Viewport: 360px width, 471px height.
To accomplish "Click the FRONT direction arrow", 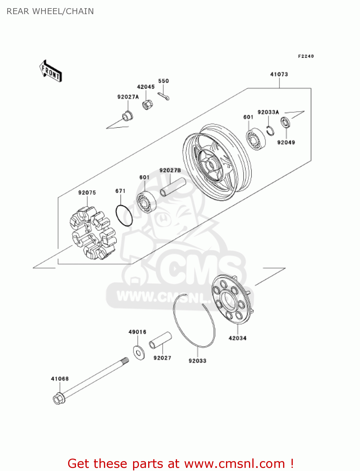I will point(50,71).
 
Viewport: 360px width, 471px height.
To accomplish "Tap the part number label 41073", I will point(279,74).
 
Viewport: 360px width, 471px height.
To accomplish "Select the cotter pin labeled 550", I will point(164,96).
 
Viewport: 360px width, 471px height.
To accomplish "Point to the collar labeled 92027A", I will point(127,116).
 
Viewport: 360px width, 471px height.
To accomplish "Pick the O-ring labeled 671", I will point(124,216).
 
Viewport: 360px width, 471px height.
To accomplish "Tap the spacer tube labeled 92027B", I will point(173,187).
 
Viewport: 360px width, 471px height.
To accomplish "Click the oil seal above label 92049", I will point(285,122).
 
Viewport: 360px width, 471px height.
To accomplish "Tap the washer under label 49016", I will point(139,352).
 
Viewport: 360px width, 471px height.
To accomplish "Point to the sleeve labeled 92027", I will point(160,340).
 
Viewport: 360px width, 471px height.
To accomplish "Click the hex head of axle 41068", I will point(58,399).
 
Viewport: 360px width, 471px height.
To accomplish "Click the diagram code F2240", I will point(306,56).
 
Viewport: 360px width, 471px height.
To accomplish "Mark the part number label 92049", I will point(286,143).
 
